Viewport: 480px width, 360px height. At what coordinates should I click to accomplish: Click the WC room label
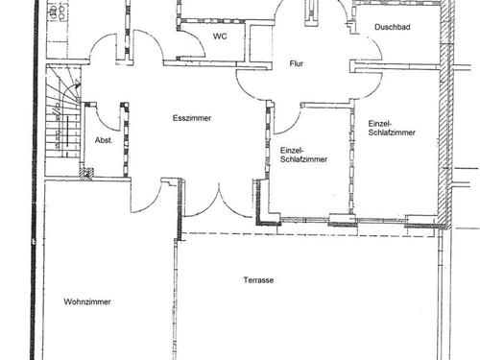[x=220, y=36]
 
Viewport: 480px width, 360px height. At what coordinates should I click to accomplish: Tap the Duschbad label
[x=393, y=27]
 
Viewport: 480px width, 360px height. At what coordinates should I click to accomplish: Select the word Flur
[x=297, y=63]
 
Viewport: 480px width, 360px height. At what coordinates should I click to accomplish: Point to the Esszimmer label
[x=192, y=118]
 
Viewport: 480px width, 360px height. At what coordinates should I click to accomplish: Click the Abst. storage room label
[x=104, y=140]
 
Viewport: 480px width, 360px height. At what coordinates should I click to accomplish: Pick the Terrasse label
[x=258, y=280]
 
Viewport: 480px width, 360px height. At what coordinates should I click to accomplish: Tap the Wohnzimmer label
[x=87, y=301]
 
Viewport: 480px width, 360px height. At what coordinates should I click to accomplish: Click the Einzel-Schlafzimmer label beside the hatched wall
[x=392, y=128]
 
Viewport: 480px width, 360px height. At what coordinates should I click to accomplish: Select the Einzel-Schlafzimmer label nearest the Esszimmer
[x=303, y=155]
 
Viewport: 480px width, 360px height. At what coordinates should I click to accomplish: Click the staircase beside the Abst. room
[x=62, y=120]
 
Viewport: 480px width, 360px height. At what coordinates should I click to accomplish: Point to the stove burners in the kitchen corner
[x=58, y=12]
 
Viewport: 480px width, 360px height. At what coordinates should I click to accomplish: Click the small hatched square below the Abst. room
[x=86, y=174]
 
